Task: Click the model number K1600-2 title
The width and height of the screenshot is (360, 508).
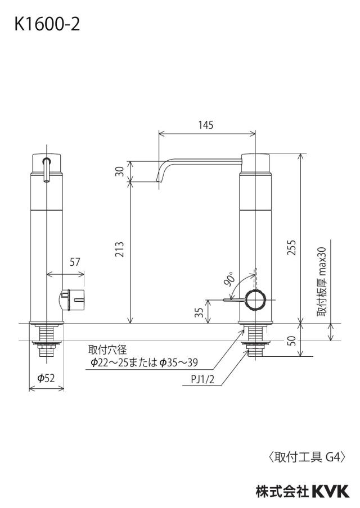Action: [x=47, y=25]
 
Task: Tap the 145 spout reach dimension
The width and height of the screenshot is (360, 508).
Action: [x=206, y=125]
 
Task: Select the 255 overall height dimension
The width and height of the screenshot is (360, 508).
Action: [x=291, y=247]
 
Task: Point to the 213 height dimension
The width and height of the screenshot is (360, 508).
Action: [x=120, y=249]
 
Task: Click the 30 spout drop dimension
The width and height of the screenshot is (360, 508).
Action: [x=120, y=171]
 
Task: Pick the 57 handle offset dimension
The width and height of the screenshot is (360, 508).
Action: [x=75, y=262]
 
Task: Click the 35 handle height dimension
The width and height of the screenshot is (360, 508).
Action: [x=200, y=312]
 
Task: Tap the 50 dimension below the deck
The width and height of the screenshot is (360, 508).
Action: [x=292, y=341]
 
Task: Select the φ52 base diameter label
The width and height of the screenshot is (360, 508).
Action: [x=46, y=378]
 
